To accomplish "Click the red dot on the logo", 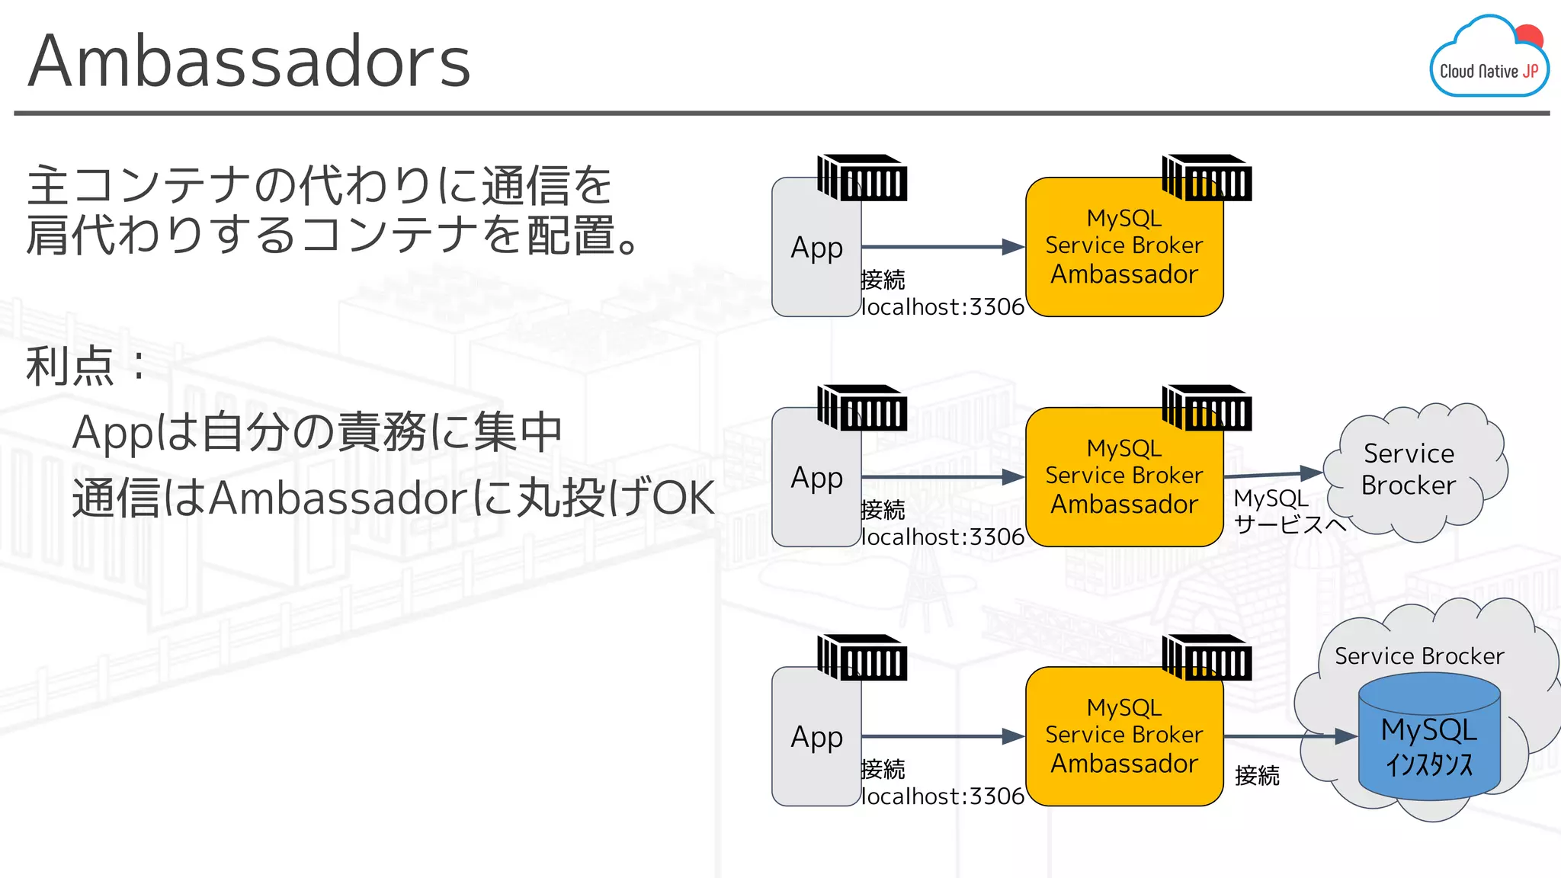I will pyautogui.click(x=1529, y=37).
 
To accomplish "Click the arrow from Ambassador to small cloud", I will pyautogui.click(x=1273, y=475).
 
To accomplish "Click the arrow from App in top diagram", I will pyautogui.click(x=942, y=247).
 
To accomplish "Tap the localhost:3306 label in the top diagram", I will pyautogui.click(x=942, y=307).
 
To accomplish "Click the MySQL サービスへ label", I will pyautogui.click(x=1288, y=511).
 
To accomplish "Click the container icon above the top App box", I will pyautogui.click(x=862, y=178).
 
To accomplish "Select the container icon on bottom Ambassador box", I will pyautogui.click(x=1207, y=658).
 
